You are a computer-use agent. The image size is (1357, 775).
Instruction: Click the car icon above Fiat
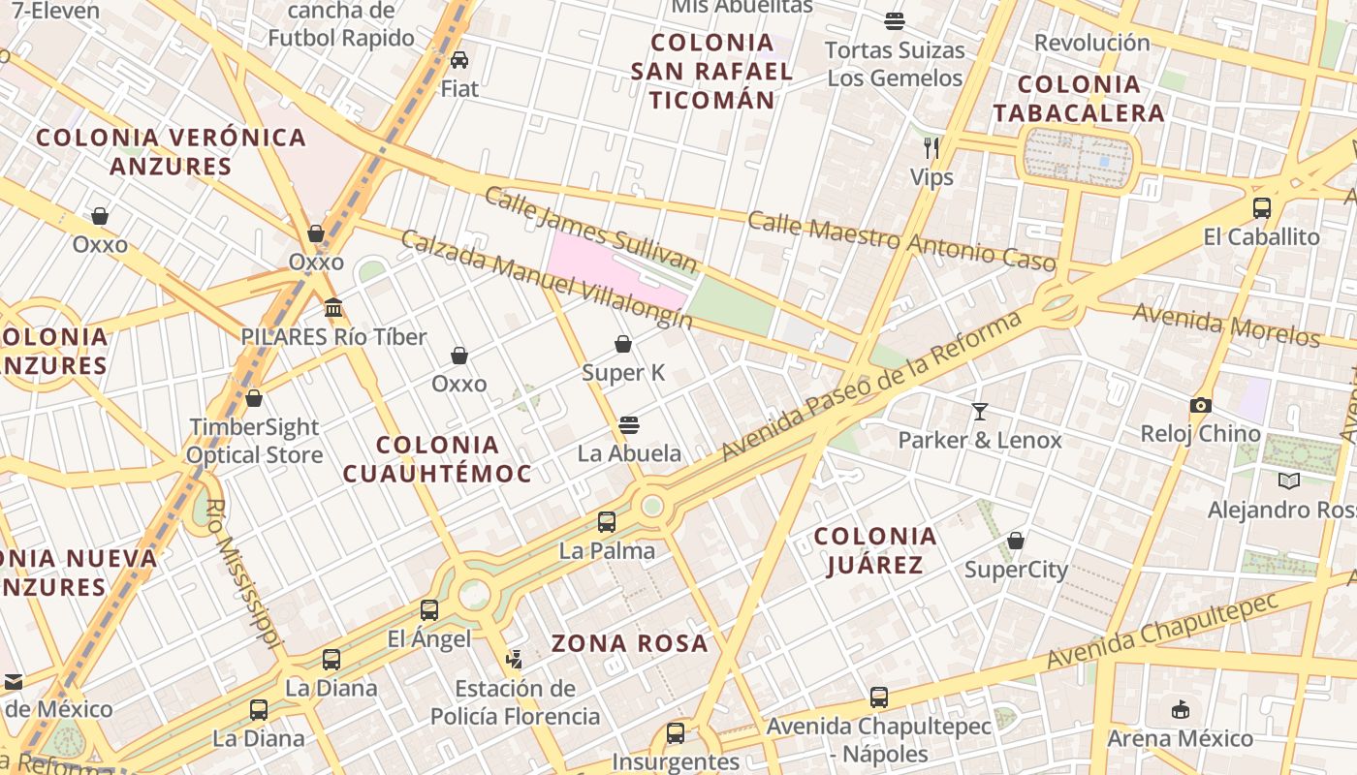[459, 60]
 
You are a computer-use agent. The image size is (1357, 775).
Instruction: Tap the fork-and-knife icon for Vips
[931, 148]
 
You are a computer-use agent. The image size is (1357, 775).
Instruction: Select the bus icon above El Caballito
[1261, 208]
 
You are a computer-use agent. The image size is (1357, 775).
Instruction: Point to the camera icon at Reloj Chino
[1200, 406]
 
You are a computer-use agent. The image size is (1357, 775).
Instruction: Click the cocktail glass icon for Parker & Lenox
[980, 412]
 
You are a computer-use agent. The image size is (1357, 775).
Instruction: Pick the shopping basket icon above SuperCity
[1016, 541]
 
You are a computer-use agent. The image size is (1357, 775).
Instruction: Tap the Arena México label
[1180, 738]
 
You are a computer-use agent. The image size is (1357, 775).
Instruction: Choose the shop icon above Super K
[623, 344]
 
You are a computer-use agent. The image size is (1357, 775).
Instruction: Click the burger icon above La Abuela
[629, 425]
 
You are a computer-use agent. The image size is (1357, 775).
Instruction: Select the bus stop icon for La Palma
[607, 522]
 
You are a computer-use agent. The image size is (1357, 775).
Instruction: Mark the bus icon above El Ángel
[429, 610]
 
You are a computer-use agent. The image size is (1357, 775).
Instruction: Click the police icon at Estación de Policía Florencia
[515, 660]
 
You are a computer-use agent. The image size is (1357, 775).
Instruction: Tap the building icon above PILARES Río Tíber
[333, 308]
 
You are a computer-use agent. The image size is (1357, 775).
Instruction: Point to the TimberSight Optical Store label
[254, 441]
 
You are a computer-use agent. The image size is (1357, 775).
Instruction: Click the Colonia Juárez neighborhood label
[874, 550]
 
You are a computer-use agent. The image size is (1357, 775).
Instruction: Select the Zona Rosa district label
[630, 643]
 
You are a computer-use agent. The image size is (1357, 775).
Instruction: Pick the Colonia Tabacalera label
[1078, 99]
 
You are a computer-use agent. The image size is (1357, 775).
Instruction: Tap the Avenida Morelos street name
[1225, 325]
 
